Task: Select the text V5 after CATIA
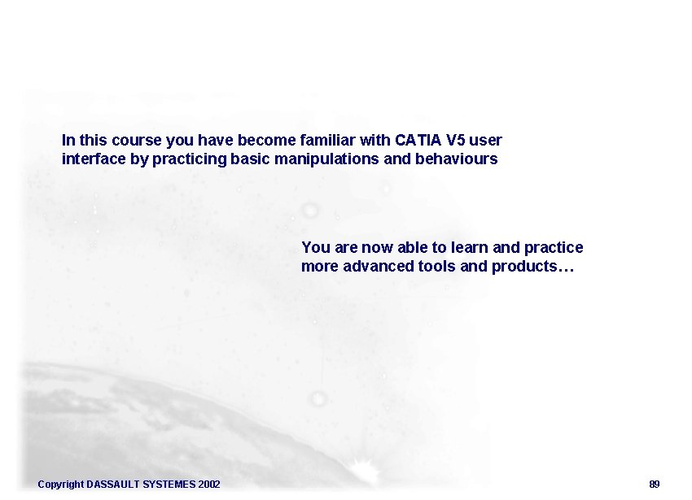tap(457, 140)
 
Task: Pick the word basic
tap(250, 159)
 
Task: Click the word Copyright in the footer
tap(60, 485)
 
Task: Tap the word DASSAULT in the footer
tap(113, 485)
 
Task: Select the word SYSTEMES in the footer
tap(169, 485)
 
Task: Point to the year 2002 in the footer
tap(208, 485)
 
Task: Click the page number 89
tap(655, 485)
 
